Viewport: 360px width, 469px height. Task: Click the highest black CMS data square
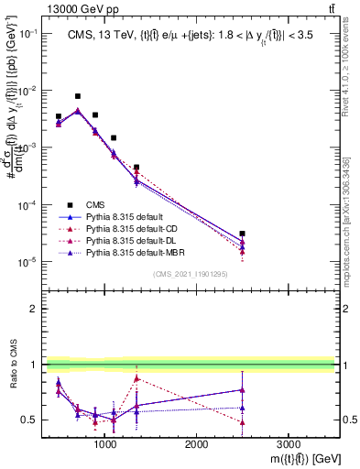point(78,96)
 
